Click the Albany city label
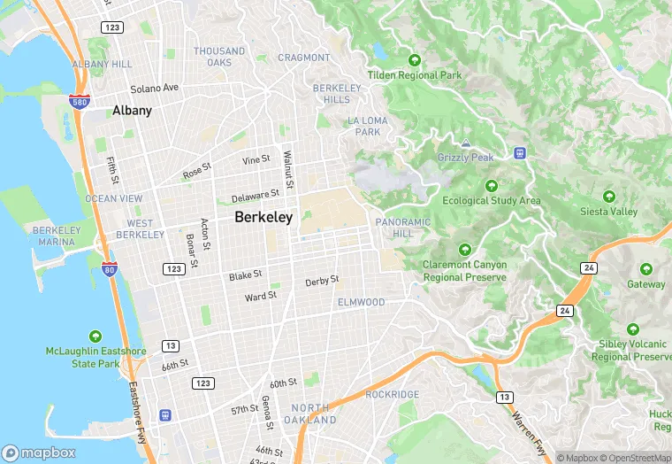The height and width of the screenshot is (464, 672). coord(132,111)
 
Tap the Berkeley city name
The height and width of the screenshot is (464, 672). coord(263,217)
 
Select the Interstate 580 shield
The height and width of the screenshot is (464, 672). coord(80,101)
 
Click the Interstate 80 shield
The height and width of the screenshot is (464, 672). coord(110,268)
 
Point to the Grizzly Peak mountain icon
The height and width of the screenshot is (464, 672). coord(465,143)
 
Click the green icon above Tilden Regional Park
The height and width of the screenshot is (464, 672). coord(414,60)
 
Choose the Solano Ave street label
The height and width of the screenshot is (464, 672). coord(155,89)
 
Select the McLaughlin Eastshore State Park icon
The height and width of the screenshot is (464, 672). coord(95,336)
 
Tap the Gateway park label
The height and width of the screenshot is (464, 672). coord(646,284)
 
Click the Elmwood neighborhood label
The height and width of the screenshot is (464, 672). coord(361,302)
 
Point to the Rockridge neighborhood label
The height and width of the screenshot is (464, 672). coord(392,394)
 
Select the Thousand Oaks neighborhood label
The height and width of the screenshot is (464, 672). coord(219,57)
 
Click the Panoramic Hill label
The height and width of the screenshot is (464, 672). coord(403,228)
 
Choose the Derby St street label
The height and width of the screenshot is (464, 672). coord(322,281)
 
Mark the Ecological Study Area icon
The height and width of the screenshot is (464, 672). coord(492,186)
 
